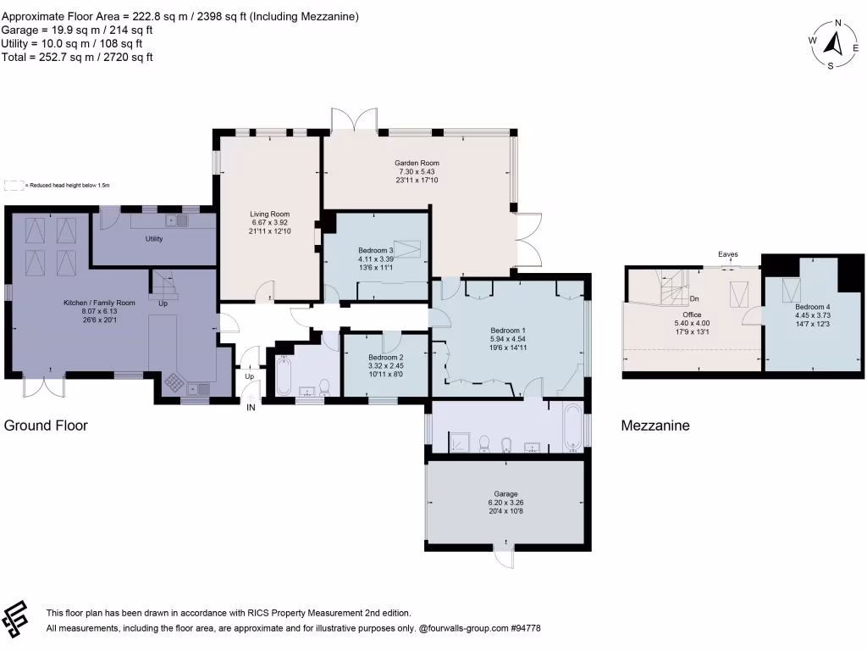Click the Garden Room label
click(x=417, y=163)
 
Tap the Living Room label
click(x=269, y=214)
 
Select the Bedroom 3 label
click(x=376, y=251)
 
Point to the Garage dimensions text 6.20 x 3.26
click(x=505, y=503)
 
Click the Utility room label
click(x=153, y=239)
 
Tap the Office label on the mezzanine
click(x=692, y=314)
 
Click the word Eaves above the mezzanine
click(x=727, y=254)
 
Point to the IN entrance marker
click(x=251, y=408)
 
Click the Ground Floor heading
click(x=47, y=426)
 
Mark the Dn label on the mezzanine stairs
click(x=693, y=299)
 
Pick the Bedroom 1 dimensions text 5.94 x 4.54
click(x=508, y=339)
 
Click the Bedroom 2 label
click(x=385, y=358)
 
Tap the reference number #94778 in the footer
click(x=524, y=628)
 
